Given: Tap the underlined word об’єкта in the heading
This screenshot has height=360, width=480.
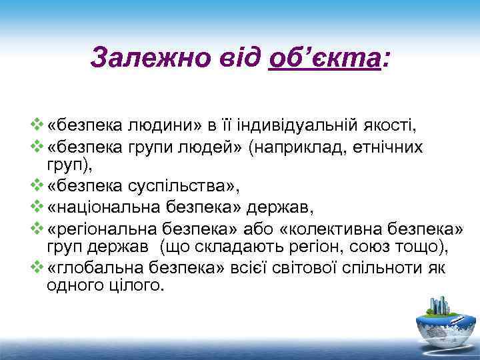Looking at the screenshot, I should (324, 58).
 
